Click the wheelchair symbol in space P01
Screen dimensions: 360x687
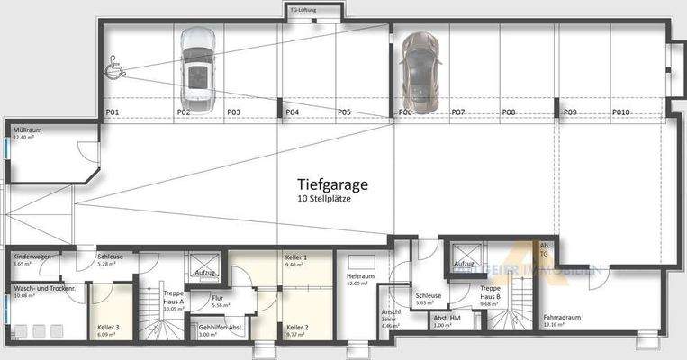tap(117, 65)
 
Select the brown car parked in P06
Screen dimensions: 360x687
tap(419, 67)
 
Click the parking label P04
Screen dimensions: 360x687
tap(292, 112)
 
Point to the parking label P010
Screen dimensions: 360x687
tap(621, 112)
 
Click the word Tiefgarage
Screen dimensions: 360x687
tap(333, 184)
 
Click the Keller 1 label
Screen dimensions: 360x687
tap(296, 257)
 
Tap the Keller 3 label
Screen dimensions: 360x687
tap(108, 327)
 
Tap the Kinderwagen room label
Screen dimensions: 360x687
tap(32, 256)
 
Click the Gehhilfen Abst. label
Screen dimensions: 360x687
tap(220, 327)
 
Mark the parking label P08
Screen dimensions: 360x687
tap(509, 112)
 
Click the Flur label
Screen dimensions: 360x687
tap(217, 297)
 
